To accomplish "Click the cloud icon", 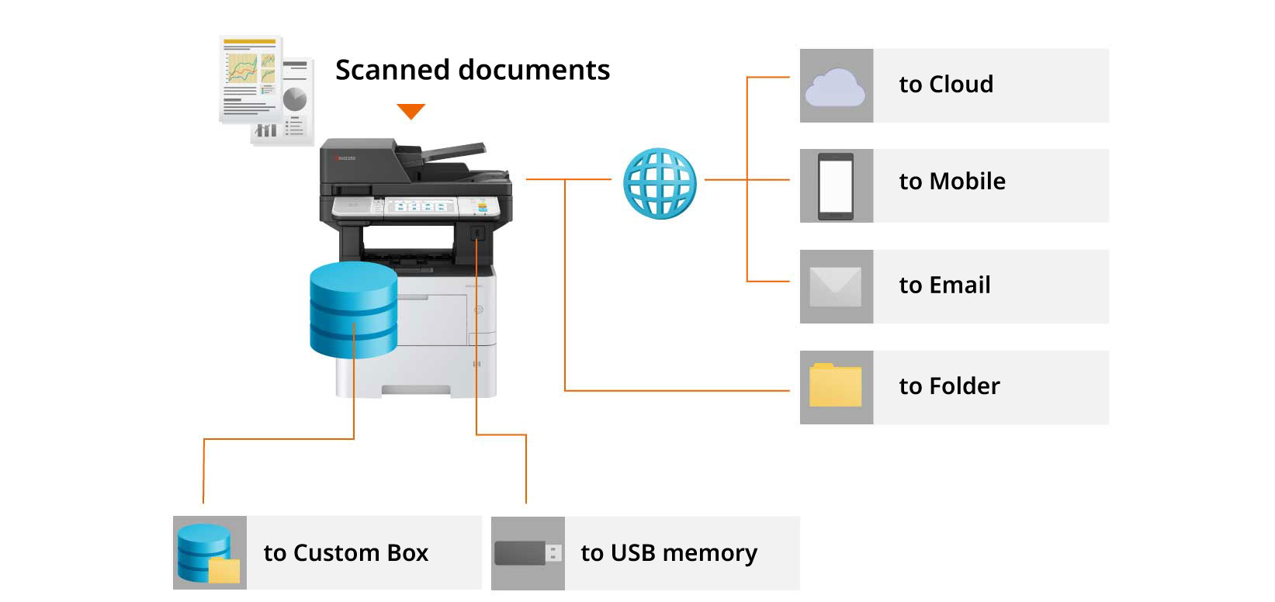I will [x=835, y=86].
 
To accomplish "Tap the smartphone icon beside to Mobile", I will [x=835, y=186].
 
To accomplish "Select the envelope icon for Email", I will [x=835, y=286].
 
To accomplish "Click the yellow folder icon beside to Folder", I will [x=835, y=386].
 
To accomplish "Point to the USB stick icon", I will [x=528, y=553].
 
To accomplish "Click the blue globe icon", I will [x=660, y=183].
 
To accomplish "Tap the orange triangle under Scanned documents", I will [x=411, y=111].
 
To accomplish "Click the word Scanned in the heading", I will [x=391, y=70].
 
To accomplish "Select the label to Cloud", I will [x=945, y=84].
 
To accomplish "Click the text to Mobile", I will [x=951, y=181].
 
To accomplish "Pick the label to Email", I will [x=944, y=285].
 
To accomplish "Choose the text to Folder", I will [x=949, y=386].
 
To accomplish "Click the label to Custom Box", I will [x=345, y=552].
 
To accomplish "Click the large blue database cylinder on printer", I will [x=353, y=310].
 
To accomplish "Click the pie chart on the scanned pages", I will [x=295, y=99].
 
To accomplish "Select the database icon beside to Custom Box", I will [x=206, y=553].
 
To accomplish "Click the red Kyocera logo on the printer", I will [x=345, y=157].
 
